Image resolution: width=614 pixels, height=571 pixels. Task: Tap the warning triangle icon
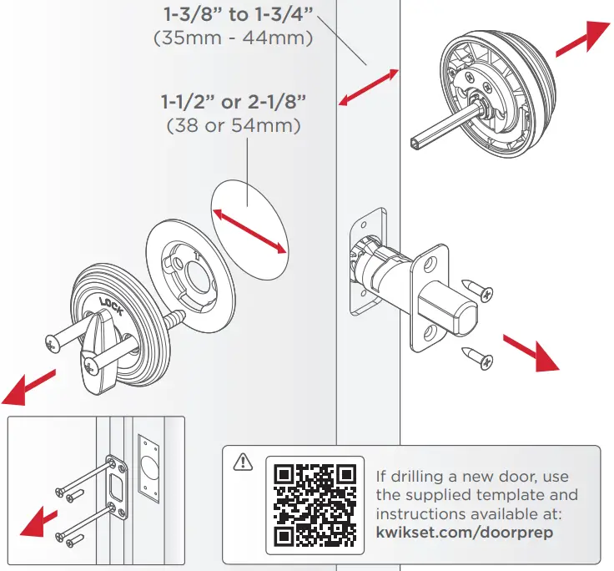point(243,460)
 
